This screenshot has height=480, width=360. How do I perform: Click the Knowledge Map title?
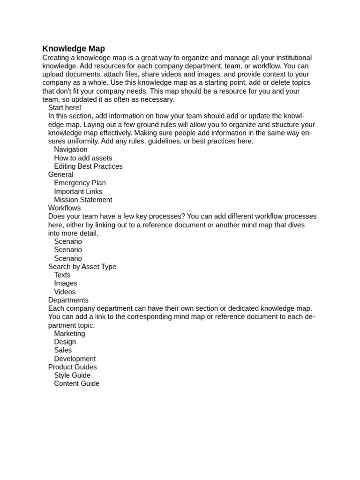(74, 49)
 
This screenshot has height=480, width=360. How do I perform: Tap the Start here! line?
(65, 108)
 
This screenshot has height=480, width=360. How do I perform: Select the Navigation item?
(71, 150)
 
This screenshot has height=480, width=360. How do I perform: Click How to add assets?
(83, 158)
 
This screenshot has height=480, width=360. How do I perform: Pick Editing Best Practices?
(88, 166)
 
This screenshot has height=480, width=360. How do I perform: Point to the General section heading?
(61, 174)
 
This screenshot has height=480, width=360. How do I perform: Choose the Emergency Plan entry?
(80, 183)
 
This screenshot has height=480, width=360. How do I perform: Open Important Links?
(78, 191)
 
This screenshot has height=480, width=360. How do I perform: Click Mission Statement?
(83, 200)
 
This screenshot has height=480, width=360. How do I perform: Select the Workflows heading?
(64, 208)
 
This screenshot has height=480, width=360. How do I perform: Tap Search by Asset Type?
(82, 267)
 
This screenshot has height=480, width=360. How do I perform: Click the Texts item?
(62, 275)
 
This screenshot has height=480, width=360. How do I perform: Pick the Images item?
(66, 283)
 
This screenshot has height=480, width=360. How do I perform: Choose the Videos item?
(65, 292)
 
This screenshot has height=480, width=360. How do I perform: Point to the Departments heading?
(68, 300)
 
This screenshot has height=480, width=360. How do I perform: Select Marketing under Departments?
(69, 334)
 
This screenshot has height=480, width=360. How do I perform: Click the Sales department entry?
(63, 350)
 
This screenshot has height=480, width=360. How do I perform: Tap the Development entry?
(75, 359)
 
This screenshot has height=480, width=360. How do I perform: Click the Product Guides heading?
(73, 367)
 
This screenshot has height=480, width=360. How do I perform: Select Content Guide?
(77, 383)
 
